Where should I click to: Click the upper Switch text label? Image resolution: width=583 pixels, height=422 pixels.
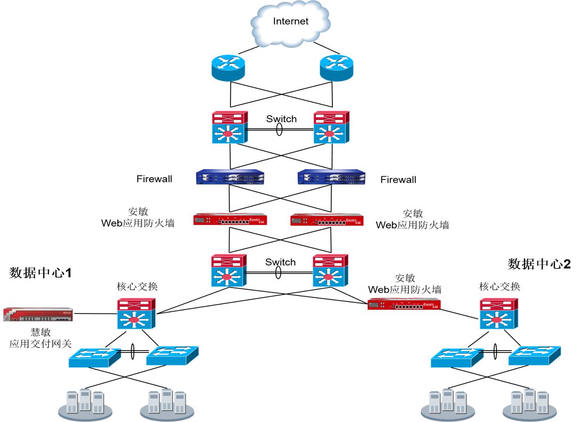pyautogui.click(x=281, y=119)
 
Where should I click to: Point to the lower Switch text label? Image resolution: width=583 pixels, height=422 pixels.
pyautogui.click(x=281, y=262)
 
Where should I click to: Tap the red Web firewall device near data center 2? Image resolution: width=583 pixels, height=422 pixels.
pyautogui.click(x=404, y=305)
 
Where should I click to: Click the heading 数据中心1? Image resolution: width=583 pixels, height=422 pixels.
pyautogui.click(x=41, y=273)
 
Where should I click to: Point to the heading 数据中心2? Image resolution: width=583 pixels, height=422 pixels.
pyautogui.click(x=539, y=264)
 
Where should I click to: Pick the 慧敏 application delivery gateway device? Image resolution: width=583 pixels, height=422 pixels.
pyautogui.click(x=38, y=313)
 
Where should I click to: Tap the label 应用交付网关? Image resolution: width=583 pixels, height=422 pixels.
pyautogui.click(x=40, y=344)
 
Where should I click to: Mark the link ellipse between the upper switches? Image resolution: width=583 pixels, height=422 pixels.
pyautogui.click(x=280, y=130)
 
